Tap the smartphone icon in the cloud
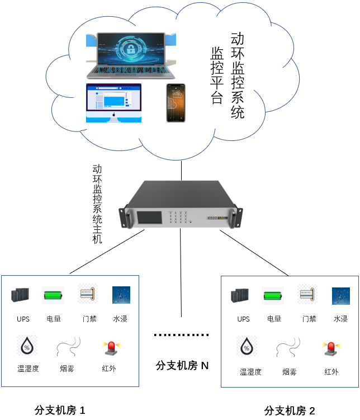(175, 103)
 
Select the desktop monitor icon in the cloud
(113, 102)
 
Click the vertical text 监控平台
(217, 75)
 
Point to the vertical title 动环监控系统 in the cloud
(238, 75)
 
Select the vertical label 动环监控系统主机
(97, 204)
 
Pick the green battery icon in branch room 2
(273, 295)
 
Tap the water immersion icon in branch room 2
(340, 295)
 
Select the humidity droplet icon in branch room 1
(26, 347)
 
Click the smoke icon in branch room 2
(288, 348)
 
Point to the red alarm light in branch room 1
(110, 348)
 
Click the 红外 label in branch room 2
(331, 371)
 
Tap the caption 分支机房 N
(182, 366)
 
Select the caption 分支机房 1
(60, 410)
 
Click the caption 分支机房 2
(290, 410)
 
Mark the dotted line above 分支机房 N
(181, 335)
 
